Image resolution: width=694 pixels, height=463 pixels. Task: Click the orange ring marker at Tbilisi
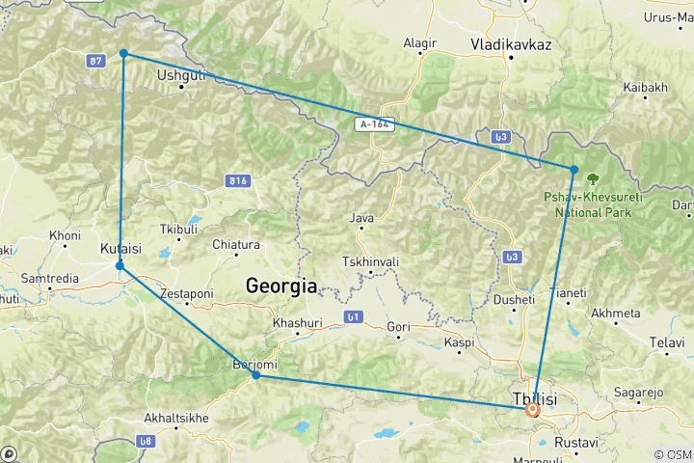tap(532, 409)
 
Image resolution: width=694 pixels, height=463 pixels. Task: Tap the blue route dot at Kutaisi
tap(120, 265)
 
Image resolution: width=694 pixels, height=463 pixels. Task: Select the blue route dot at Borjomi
tap(255, 374)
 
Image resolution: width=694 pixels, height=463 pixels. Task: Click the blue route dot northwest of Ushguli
tap(123, 54)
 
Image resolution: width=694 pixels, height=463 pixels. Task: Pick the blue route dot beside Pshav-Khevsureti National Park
tap(574, 170)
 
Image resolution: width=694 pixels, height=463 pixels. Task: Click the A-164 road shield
tap(375, 123)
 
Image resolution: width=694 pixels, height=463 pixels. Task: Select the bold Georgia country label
tap(281, 286)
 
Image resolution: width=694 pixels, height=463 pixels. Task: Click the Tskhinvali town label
tap(369, 262)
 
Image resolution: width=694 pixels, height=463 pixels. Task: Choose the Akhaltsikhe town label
tap(175, 419)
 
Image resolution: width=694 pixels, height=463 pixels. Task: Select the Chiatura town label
tap(236, 244)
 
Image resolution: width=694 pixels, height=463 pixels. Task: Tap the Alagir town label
tap(420, 43)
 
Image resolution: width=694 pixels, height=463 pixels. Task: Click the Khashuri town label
tap(294, 323)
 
